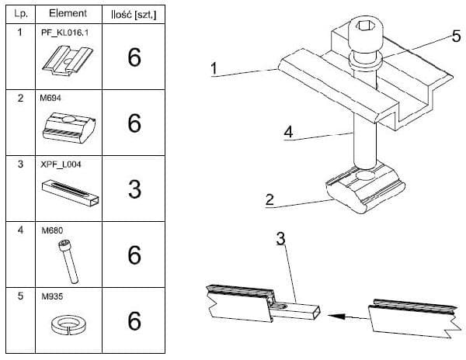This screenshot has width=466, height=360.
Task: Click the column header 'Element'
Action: (x=68, y=14)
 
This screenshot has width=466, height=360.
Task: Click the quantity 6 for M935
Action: (x=134, y=320)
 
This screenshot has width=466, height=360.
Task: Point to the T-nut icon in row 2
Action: (x=68, y=126)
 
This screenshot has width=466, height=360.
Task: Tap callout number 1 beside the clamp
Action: (x=212, y=69)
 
